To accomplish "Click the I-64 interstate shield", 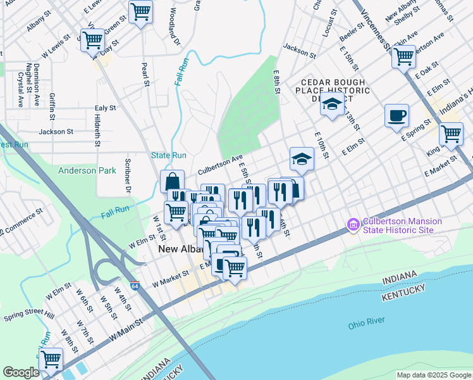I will coord(135,286).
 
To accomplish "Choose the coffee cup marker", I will coord(396,116).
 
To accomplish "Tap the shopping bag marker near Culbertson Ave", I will coord(172,182).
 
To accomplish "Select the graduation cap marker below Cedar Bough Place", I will coord(331,104).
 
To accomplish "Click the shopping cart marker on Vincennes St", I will coord(403,57).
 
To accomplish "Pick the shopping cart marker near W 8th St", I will coord(51,359).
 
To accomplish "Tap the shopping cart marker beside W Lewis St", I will coord(92,41).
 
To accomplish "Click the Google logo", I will coord(21,372).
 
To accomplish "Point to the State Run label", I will coord(169,155).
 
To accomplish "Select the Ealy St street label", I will coord(105,108).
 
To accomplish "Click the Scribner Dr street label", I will coord(127,177).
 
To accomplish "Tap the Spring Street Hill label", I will coord(29,315).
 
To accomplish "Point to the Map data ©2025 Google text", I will coord(434,375).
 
